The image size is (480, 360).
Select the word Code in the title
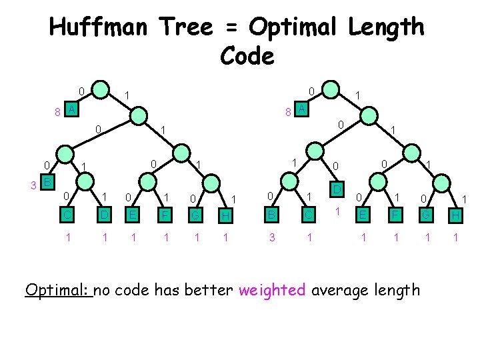click(246, 56)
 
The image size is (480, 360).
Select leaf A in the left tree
click(71, 109)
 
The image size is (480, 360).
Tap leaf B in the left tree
click(47, 182)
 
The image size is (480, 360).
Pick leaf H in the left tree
click(227, 215)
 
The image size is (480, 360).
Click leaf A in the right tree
click(301, 109)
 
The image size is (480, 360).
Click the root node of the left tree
click(100, 89)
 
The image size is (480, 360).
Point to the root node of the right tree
click(330, 89)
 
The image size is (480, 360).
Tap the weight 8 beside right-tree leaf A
click(287, 112)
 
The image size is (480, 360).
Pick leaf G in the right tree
click(425, 215)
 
